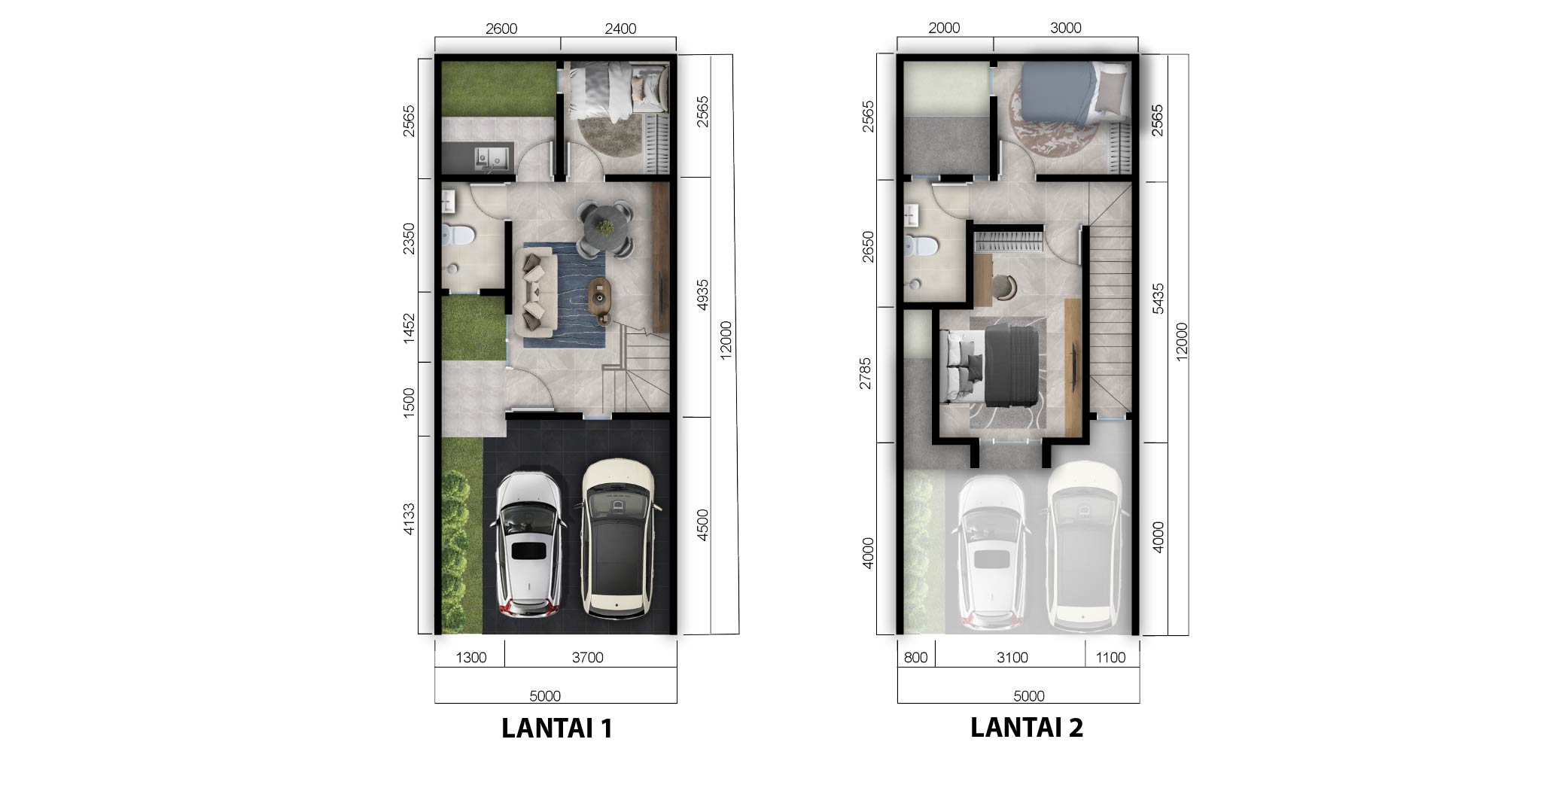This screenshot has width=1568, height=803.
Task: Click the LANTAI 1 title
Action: pyautogui.click(x=557, y=728)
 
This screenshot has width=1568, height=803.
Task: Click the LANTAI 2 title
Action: pyautogui.click(x=1027, y=727)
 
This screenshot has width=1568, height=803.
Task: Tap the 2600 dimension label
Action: pyautogui.click(x=501, y=29)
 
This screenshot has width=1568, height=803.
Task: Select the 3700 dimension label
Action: pyautogui.click(x=587, y=657)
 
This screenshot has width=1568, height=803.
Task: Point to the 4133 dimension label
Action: pyautogui.click(x=409, y=519)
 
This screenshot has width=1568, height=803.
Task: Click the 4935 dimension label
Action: pyautogui.click(x=702, y=295)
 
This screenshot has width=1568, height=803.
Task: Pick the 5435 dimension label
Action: pyautogui.click(x=1158, y=298)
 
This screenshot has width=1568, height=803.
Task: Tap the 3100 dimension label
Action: pyautogui.click(x=1012, y=657)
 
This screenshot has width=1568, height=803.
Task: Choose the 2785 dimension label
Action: pyautogui.click(x=866, y=373)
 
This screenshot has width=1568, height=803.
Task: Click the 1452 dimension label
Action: pyautogui.click(x=409, y=329)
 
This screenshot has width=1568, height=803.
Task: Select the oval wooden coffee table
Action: pyautogui.click(x=601, y=301)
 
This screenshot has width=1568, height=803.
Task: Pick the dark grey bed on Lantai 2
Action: pyautogui.click(x=994, y=365)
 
